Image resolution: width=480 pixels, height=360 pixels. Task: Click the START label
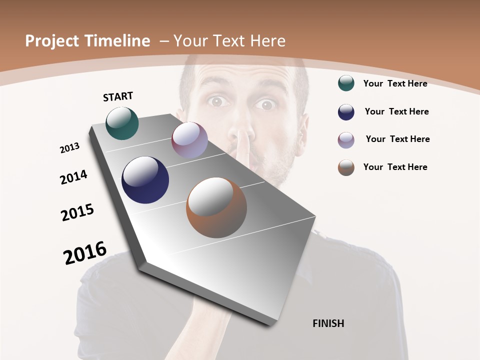point(118,96)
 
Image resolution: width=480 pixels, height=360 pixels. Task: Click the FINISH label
point(328,323)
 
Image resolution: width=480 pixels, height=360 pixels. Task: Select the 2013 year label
point(70,148)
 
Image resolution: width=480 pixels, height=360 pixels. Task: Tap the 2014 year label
point(74,177)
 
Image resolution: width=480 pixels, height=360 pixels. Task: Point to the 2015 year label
point(77,212)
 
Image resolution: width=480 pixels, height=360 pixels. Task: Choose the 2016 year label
point(85,253)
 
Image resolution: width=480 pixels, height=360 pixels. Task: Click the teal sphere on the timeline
point(122,123)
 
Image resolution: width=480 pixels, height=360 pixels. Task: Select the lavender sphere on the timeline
point(189,140)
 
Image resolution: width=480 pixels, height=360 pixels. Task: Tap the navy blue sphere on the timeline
point(145,179)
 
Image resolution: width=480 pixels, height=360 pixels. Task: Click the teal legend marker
point(346,83)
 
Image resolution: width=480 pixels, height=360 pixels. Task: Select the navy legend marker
point(346,111)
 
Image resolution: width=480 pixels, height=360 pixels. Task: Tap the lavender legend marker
point(346,139)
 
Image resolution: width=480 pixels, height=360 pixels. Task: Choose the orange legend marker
point(346,167)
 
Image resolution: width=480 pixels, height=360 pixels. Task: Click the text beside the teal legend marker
point(395,83)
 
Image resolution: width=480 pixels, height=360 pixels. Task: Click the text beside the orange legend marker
point(395,167)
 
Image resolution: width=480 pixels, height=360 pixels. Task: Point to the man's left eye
point(265,104)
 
